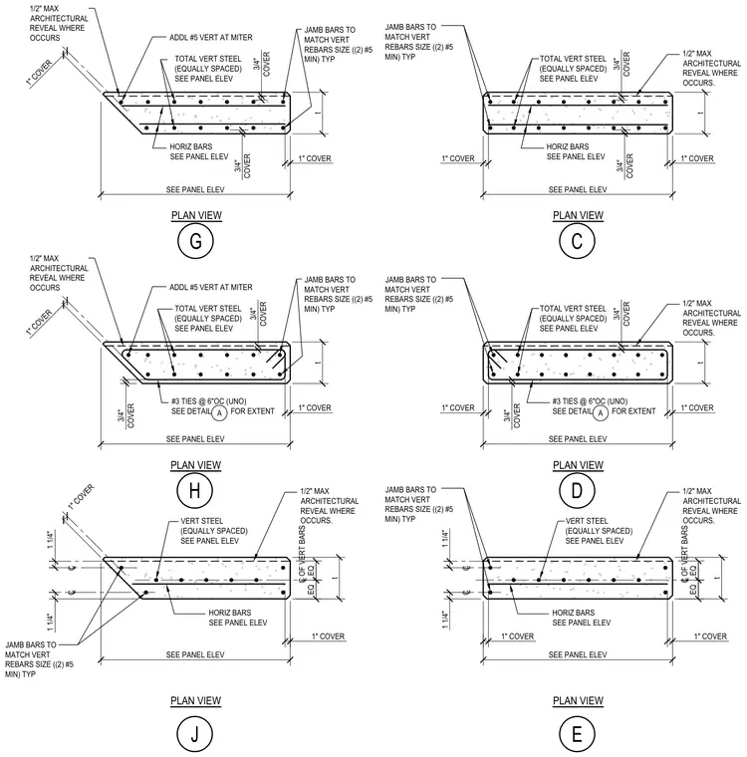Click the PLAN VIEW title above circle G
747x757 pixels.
tap(196, 215)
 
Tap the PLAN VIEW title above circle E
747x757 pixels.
tap(578, 700)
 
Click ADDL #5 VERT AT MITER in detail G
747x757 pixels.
tap(210, 38)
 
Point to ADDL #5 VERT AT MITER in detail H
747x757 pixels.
tap(210, 287)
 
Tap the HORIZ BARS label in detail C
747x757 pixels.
tap(568, 146)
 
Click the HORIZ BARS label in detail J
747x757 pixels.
tap(230, 613)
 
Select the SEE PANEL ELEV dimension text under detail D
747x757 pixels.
tap(578, 439)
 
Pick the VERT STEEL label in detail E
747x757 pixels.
tap(587, 521)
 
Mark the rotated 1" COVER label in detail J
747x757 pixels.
tap(81, 497)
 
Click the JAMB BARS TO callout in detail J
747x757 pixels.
tap(31, 644)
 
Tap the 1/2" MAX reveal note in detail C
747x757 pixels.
tap(697, 54)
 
